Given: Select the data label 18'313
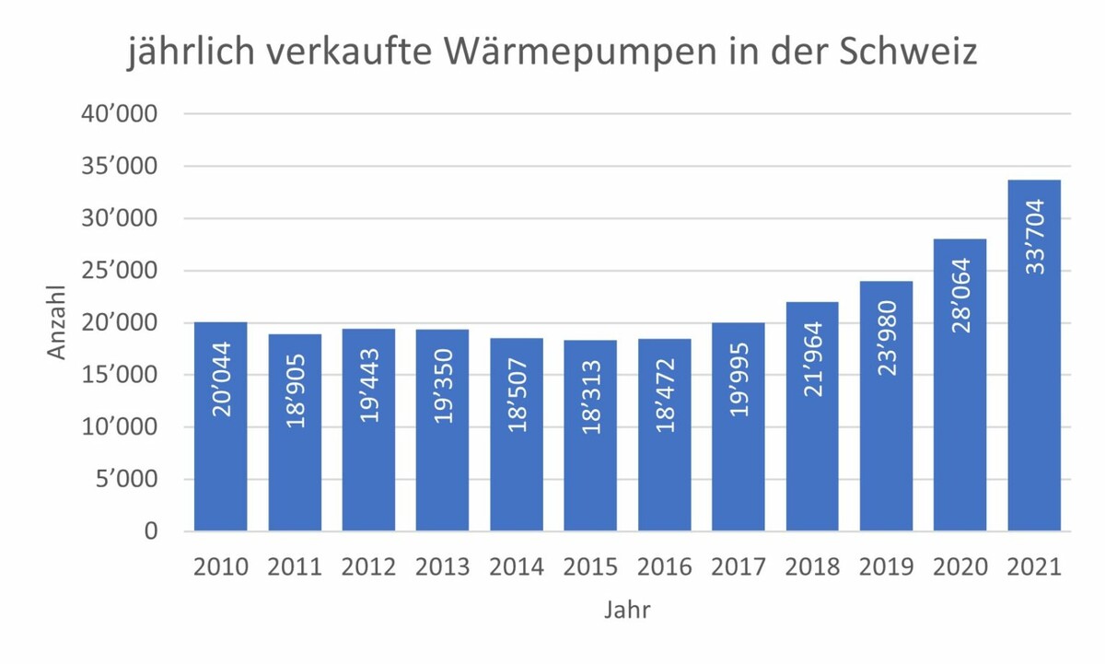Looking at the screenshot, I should [590, 402].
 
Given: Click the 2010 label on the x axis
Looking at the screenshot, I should [221, 566].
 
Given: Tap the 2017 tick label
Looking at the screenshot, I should [739, 566].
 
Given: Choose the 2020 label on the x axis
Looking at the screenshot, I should [960, 566].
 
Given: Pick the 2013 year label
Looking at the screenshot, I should [443, 566].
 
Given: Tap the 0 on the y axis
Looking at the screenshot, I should [151, 531].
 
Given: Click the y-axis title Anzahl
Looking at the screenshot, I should [58, 322].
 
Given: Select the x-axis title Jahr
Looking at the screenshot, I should [627, 610].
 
